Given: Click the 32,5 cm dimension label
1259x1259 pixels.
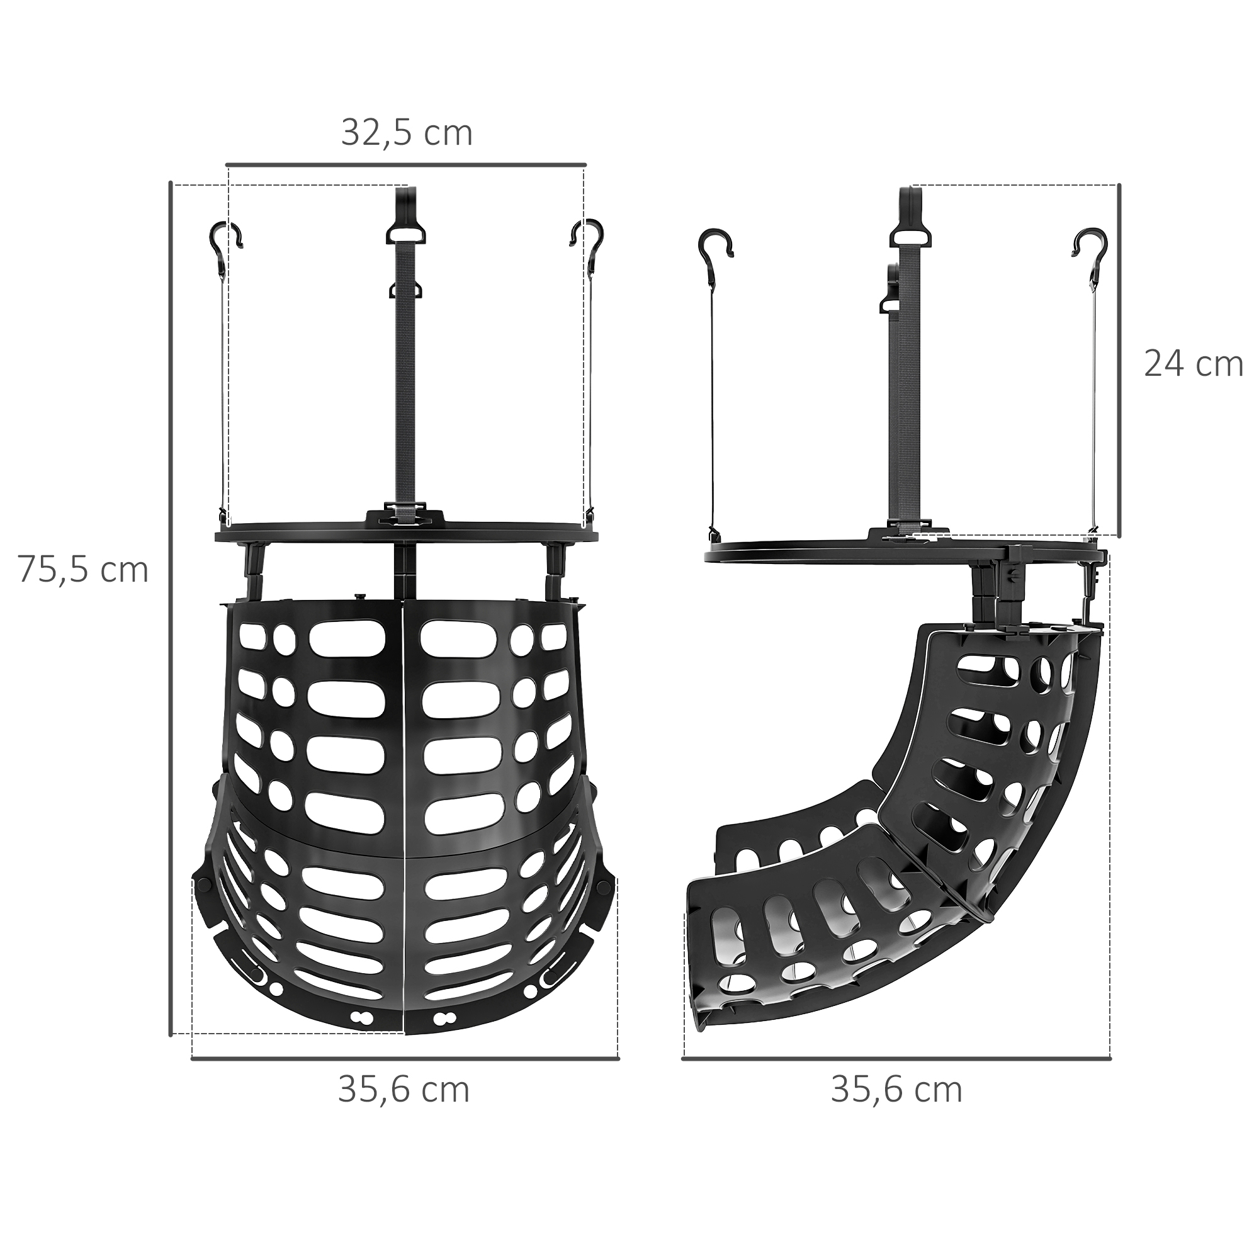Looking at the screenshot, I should pos(407,133).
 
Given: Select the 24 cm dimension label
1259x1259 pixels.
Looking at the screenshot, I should pos(1193,364).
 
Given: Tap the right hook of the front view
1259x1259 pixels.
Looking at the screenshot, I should pos(587,236).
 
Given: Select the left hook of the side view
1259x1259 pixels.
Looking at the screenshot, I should pos(715,244).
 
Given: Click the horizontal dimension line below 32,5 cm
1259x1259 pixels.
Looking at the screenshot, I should pos(406,164).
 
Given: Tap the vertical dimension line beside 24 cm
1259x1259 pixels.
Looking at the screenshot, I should pos(1119,359).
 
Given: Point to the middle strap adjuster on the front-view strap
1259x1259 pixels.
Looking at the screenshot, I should pos(405,290).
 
